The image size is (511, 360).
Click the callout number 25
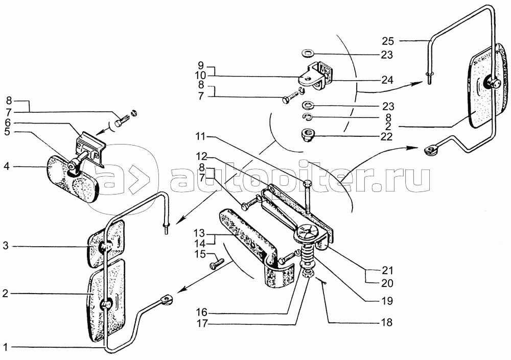[x=387, y=41]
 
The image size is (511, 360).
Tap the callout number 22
[x=386, y=137]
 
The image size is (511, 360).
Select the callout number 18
[x=386, y=323]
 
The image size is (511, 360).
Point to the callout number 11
[x=201, y=137]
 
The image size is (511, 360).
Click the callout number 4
[x=7, y=167]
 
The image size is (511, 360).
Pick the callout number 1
[x=5, y=347]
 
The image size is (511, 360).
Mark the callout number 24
[x=387, y=80]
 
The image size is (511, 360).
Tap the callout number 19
[x=386, y=301]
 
